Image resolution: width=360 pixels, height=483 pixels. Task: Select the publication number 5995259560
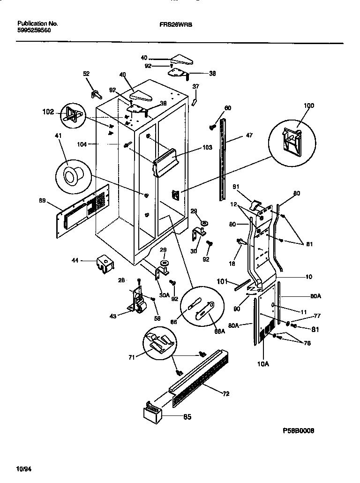coord(34,30)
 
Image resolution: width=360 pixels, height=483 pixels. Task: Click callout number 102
coord(49,112)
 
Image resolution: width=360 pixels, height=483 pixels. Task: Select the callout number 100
coord(308,106)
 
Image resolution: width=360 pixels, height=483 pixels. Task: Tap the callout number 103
coord(208,148)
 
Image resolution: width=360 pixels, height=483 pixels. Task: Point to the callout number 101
coord(222,282)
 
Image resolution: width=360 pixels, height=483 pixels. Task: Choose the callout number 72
coord(225,394)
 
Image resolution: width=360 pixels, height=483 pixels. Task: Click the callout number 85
coord(187,416)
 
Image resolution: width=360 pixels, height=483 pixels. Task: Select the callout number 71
coord(132,357)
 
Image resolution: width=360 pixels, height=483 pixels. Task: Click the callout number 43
coord(112,316)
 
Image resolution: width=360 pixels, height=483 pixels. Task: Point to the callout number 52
coord(86,74)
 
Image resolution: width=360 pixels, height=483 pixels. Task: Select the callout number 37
coord(196,86)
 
